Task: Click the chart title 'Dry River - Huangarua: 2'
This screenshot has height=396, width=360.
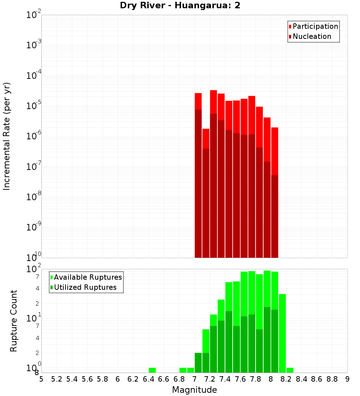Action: pyautogui.click(x=180, y=5)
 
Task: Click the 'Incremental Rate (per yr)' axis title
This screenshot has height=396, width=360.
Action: pyautogui.click(x=7, y=136)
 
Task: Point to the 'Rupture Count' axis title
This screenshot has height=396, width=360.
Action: pyautogui.click(x=14, y=321)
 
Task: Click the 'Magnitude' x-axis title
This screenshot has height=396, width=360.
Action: pyautogui.click(x=194, y=390)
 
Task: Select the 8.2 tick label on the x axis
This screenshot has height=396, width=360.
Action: pyautogui.click(x=286, y=379)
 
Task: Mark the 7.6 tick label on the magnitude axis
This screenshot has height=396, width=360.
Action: pyautogui.click(x=240, y=379)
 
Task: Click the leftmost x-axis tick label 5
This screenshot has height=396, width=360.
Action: pyautogui.click(x=41, y=379)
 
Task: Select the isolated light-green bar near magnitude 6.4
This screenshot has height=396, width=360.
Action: pyautogui.click(x=152, y=370)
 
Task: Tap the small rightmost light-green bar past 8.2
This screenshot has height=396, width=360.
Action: pyautogui.click(x=290, y=370)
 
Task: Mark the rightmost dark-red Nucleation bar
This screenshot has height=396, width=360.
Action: pyautogui.click(x=275, y=216)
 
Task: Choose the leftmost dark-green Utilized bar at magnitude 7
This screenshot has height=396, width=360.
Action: pyautogui.click(x=198, y=363)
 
